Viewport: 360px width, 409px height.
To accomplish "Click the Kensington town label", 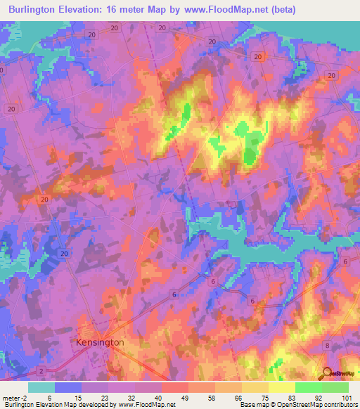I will coord(100,342).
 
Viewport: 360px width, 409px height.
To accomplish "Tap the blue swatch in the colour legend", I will coord(68,387).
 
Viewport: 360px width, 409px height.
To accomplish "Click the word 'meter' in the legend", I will coord(11,397).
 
